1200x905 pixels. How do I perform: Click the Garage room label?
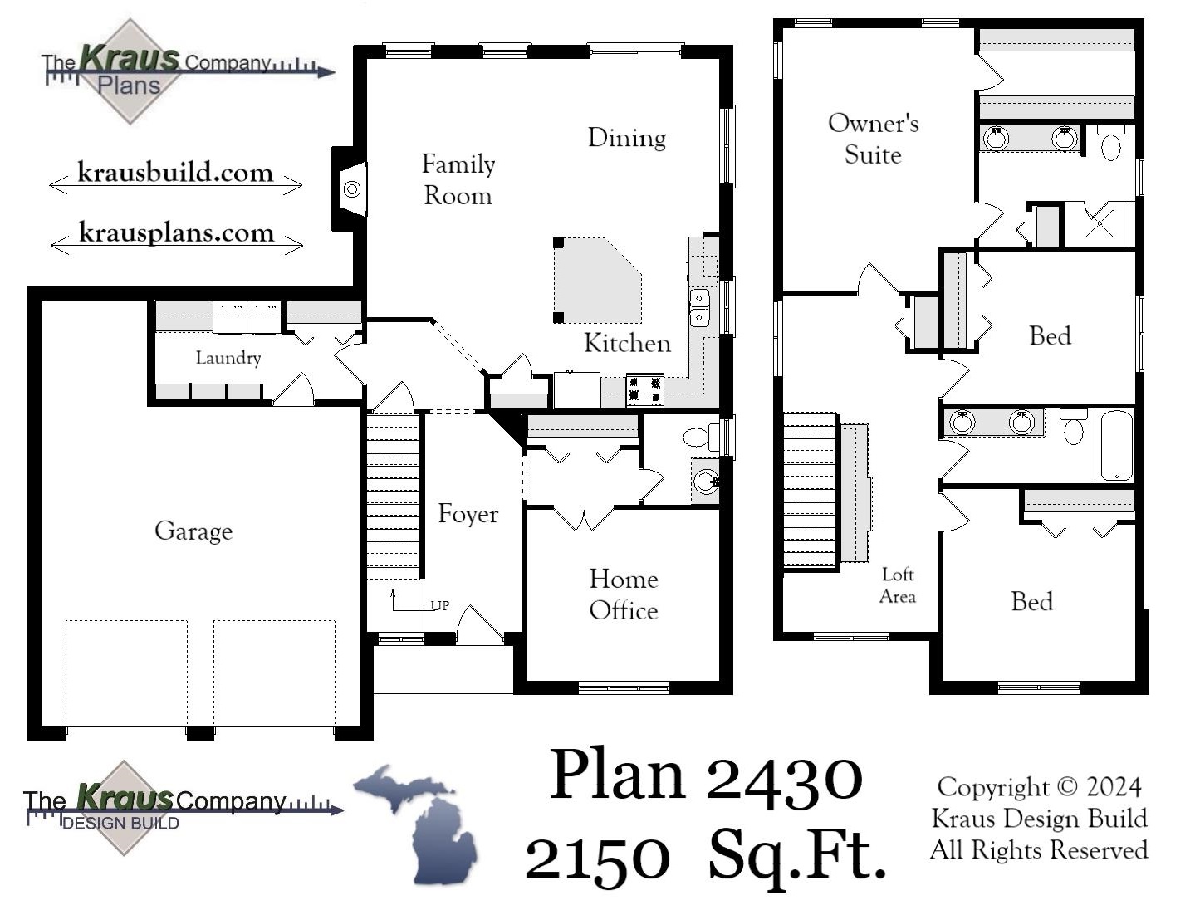coord(193,531)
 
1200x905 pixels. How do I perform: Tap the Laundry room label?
coord(228,358)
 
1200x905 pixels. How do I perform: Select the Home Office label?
coord(624,594)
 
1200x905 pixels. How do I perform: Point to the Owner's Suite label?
coord(873,139)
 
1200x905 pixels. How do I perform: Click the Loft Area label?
coord(898,585)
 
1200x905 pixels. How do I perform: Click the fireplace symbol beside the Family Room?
coord(352,189)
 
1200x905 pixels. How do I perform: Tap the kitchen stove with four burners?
coord(644,390)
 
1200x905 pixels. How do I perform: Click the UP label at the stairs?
coord(439,605)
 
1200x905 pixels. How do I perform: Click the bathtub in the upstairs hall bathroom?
coord(1117,445)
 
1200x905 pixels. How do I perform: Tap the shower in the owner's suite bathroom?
coord(1100,224)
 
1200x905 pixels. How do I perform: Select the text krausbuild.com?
coord(175,173)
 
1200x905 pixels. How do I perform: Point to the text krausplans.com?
coord(176,232)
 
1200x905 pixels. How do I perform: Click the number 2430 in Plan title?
coord(785,775)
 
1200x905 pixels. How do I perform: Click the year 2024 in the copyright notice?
coord(1113,787)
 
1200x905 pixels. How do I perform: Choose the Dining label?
coord(627,138)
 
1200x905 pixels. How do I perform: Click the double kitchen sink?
coord(700,307)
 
